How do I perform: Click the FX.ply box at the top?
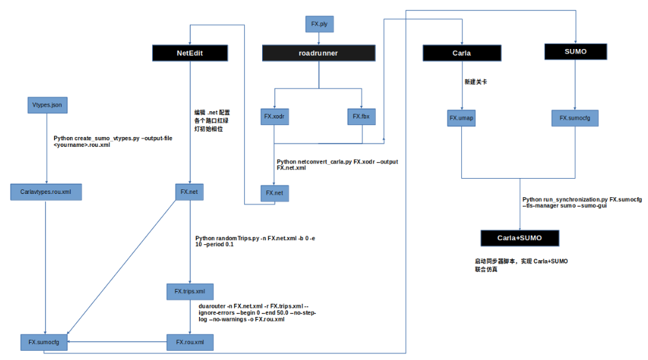click(319, 24)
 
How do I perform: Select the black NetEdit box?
click(190, 53)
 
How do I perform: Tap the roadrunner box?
click(319, 53)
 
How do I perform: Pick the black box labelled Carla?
click(461, 53)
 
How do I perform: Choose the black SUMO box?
click(576, 51)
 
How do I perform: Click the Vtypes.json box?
click(46, 105)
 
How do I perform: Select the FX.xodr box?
click(273, 116)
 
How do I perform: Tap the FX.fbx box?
click(361, 116)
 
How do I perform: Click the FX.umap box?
click(461, 118)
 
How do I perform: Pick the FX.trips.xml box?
click(190, 291)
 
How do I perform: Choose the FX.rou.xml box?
click(190, 342)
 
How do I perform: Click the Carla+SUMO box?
click(520, 238)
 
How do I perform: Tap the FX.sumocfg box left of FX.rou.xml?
click(44, 342)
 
